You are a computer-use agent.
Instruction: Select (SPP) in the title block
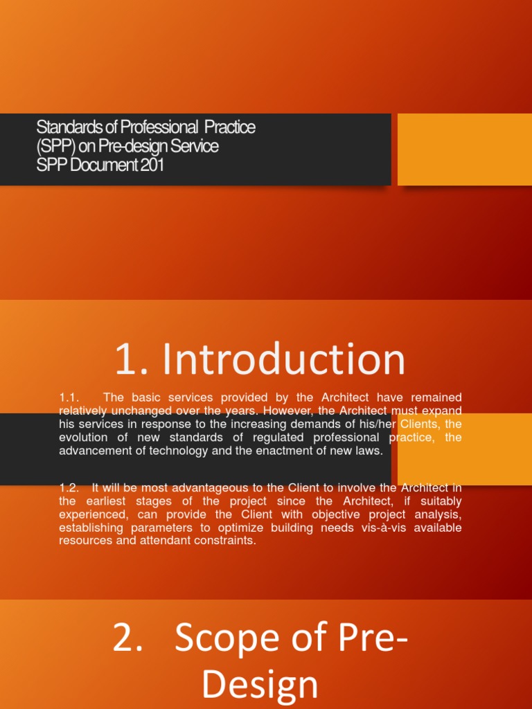pyautogui.click(x=52, y=147)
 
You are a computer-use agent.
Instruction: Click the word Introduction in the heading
pyautogui.click(x=285, y=361)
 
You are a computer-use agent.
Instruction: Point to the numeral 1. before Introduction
pyautogui.click(x=132, y=361)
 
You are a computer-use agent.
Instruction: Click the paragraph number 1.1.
pyautogui.click(x=70, y=397)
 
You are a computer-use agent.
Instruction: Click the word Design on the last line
pyautogui.click(x=260, y=685)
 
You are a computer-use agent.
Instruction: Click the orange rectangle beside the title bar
pyautogui.click(x=464, y=150)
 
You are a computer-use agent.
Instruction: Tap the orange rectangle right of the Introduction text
pyautogui.click(x=464, y=449)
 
